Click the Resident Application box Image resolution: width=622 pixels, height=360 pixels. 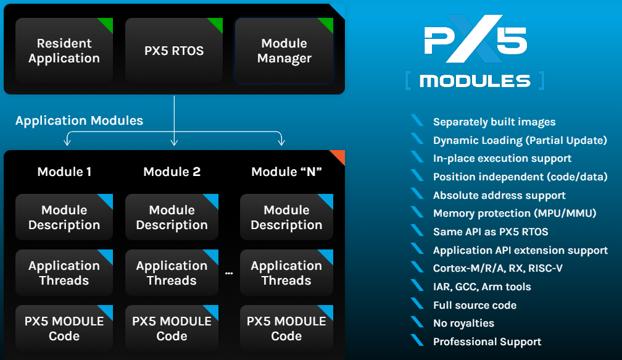(64, 51)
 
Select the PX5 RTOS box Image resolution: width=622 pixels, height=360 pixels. (174, 51)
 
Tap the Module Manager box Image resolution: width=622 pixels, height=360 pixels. (284, 51)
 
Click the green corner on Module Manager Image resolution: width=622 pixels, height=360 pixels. (327, 23)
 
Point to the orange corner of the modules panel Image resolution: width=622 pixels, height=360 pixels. (338, 157)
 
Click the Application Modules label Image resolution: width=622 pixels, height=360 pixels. (79, 120)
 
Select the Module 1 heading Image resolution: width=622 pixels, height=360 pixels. (64, 172)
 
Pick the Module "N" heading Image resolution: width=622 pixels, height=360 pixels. (286, 172)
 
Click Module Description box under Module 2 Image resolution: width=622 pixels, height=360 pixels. (172, 217)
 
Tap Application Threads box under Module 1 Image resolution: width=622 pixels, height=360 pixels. (64, 273)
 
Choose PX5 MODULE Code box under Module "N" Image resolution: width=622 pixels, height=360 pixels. (286, 329)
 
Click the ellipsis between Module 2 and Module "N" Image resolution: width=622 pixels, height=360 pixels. (229, 273)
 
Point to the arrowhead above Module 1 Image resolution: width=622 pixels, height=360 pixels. (67, 143)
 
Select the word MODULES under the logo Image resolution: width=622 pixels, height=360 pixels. (475, 81)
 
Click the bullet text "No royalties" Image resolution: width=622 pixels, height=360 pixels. (463, 323)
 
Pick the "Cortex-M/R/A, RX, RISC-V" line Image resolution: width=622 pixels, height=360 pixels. (497, 268)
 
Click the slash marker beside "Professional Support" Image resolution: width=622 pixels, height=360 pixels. (418, 341)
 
